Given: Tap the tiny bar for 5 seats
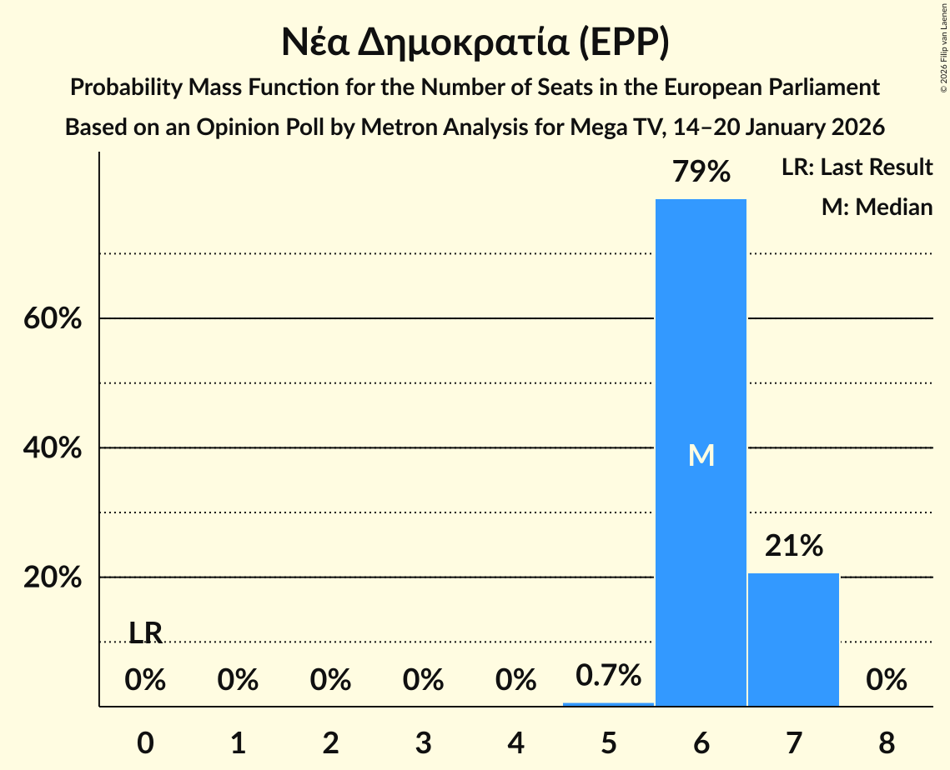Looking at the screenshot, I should click(608, 704).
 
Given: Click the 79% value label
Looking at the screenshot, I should click(701, 172).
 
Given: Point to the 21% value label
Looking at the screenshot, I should click(794, 547).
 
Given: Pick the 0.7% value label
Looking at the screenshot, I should click(608, 675).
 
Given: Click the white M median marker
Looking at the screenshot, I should click(701, 455).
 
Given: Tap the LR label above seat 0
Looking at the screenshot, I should click(145, 633).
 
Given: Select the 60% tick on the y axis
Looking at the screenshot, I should click(53, 319).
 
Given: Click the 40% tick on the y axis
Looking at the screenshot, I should click(53, 448).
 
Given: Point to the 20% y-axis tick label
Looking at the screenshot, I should click(53, 577).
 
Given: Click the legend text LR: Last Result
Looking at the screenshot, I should click(857, 167).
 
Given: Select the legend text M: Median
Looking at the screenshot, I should click(877, 207).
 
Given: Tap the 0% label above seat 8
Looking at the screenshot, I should click(886, 681).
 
